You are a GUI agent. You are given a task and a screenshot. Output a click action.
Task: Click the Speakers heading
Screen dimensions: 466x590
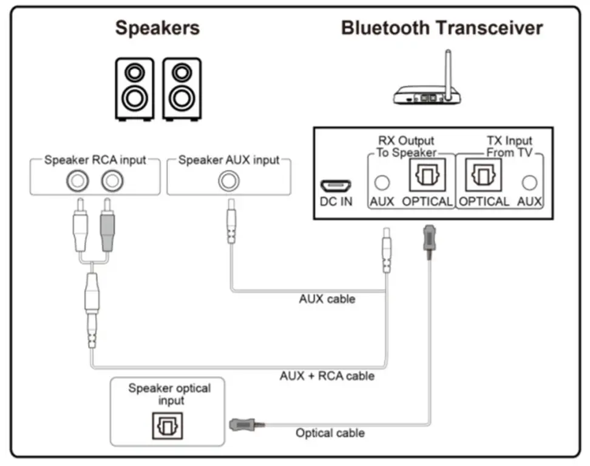157,28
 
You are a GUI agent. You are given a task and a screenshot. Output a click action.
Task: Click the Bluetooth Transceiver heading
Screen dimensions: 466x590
441,28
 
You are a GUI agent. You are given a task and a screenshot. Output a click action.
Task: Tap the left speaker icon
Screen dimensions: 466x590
132,88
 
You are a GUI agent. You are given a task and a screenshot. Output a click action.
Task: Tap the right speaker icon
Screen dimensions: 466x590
181,88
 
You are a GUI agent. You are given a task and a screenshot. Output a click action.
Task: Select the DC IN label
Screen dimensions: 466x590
335,201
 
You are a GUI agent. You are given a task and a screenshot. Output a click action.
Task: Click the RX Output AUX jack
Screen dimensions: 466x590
382,181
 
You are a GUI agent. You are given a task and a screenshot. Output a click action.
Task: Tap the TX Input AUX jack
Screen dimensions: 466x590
530,181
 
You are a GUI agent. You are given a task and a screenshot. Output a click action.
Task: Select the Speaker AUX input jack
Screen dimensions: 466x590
229,180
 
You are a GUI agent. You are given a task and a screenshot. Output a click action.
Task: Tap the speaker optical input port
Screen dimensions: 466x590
167,425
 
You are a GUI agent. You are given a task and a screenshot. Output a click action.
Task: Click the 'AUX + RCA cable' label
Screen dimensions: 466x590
327,376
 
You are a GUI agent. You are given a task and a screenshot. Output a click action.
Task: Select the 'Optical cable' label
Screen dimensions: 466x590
330,433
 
